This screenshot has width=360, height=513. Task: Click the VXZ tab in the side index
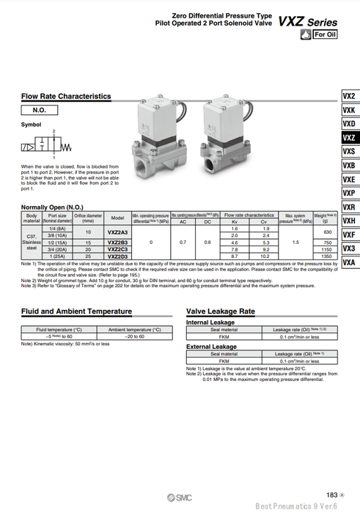pos(349,137)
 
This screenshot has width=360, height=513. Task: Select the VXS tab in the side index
pos(349,151)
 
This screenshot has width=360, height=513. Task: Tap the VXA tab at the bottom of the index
pos(349,262)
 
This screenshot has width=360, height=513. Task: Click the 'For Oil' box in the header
pos(325,34)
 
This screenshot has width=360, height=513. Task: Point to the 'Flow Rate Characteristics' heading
pos(66,96)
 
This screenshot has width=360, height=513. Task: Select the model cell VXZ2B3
pos(117,242)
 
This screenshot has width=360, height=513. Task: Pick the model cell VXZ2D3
pos(117,256)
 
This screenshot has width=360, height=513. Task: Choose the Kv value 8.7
pos(235,256)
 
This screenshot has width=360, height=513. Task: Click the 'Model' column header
pos(117,218)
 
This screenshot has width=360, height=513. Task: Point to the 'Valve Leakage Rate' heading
pos(221,311)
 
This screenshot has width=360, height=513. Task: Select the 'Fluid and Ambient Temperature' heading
pos(76,311)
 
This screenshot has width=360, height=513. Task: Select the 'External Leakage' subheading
pos(211,346)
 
